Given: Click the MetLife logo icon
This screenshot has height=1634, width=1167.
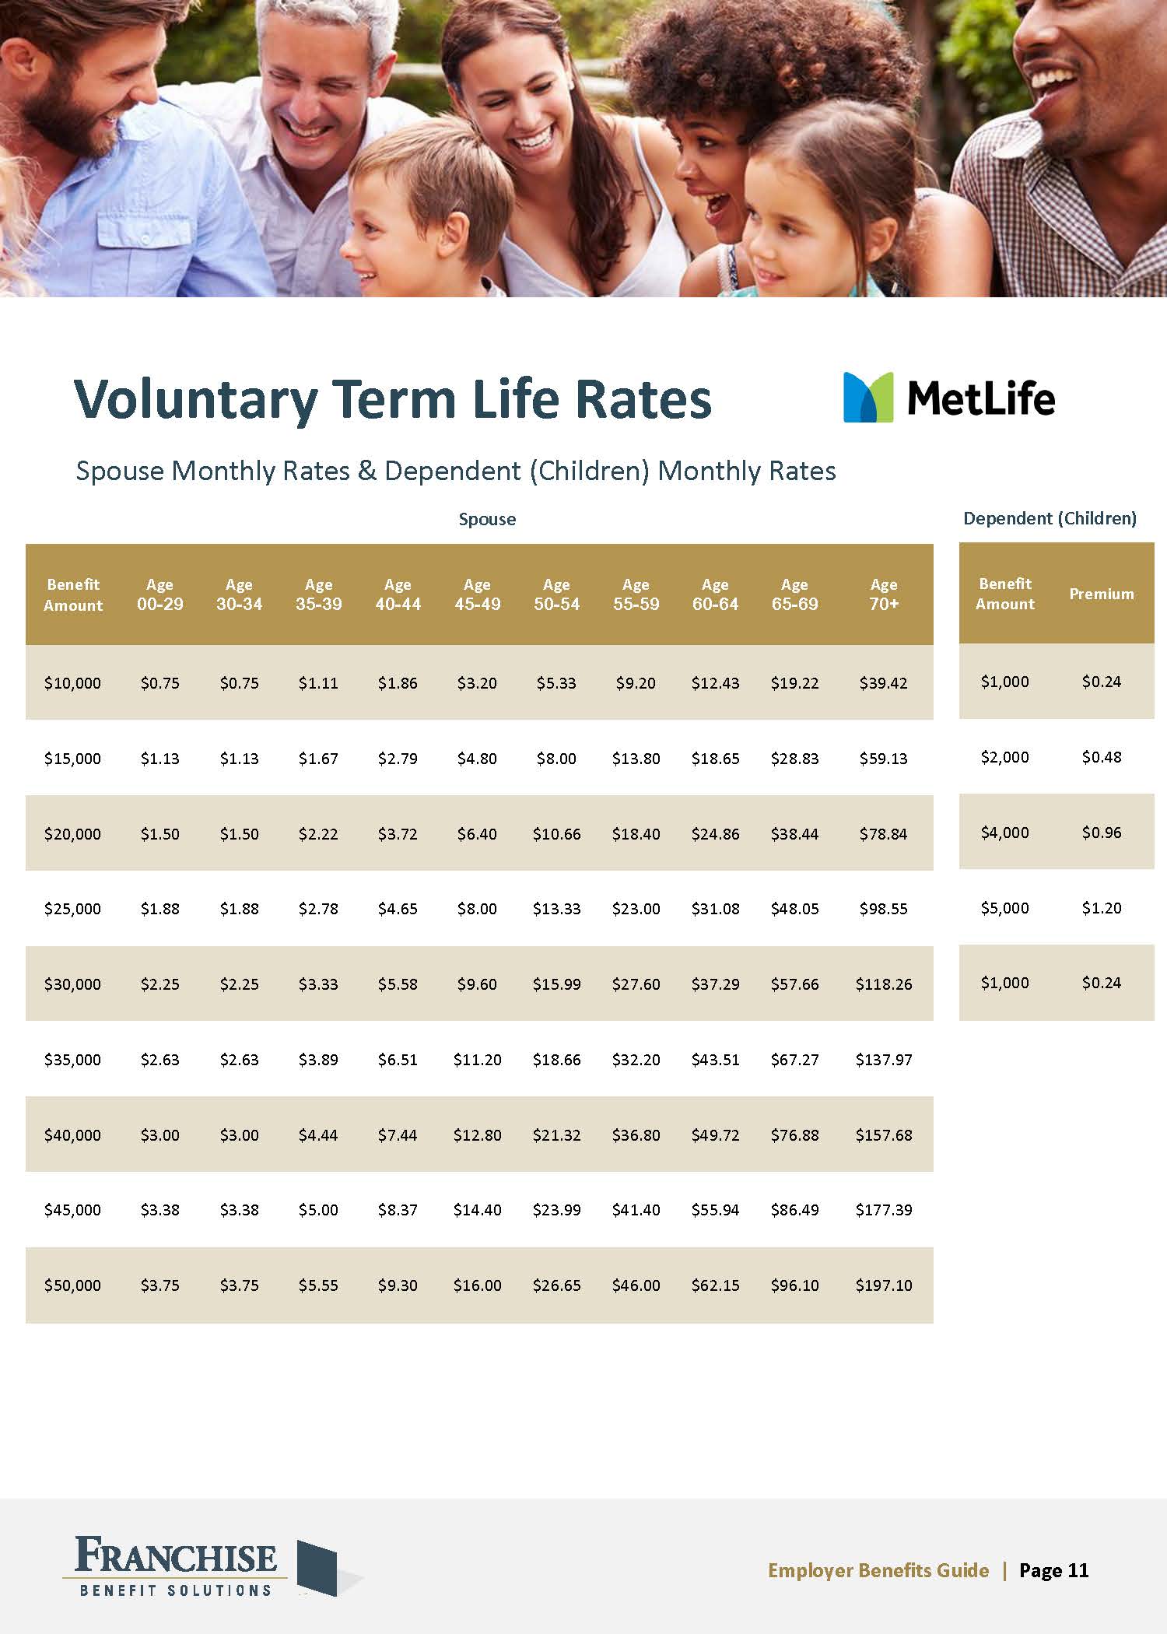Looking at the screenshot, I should (x=868, y=398).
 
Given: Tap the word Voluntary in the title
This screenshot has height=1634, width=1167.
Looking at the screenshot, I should (x=195, y=400).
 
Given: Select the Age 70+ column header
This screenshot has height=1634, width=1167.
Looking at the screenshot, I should (x=883, y=594).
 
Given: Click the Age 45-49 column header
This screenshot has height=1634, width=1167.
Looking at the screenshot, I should (x=477, y=594).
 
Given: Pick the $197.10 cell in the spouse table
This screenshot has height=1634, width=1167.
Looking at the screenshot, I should (x=883, y=1285).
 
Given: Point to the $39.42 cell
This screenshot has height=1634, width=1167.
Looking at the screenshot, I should (x=883, y=683).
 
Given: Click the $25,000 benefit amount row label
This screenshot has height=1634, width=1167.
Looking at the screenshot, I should (x=72, y=909).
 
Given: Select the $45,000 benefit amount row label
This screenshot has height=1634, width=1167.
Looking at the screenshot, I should (x=72, y=1210).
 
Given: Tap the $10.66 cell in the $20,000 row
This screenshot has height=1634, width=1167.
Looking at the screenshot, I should (x=556, y=834).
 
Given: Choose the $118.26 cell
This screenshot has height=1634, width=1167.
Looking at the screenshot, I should (x=883, y=984).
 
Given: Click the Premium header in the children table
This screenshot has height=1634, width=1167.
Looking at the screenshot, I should (x=1101, y=594).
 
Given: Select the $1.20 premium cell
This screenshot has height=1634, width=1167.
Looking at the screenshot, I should (x=1101, y=908).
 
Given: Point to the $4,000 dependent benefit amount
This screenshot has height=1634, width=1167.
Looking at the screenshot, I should (x=1004, y=833).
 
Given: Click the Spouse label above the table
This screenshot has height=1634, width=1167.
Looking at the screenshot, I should (x=487, y=519).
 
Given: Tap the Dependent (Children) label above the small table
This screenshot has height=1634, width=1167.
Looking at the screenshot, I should (x=1050, y=518).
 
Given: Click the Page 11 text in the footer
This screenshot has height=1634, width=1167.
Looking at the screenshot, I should (x=1053, y=1570).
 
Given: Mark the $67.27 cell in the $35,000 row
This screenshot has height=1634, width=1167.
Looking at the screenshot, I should (x=794, y=1060).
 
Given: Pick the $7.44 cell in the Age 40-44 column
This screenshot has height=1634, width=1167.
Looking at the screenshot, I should (x=398, y=1135).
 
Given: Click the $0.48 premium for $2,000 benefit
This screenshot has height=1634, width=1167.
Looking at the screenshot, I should (x=1101, y=757).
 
